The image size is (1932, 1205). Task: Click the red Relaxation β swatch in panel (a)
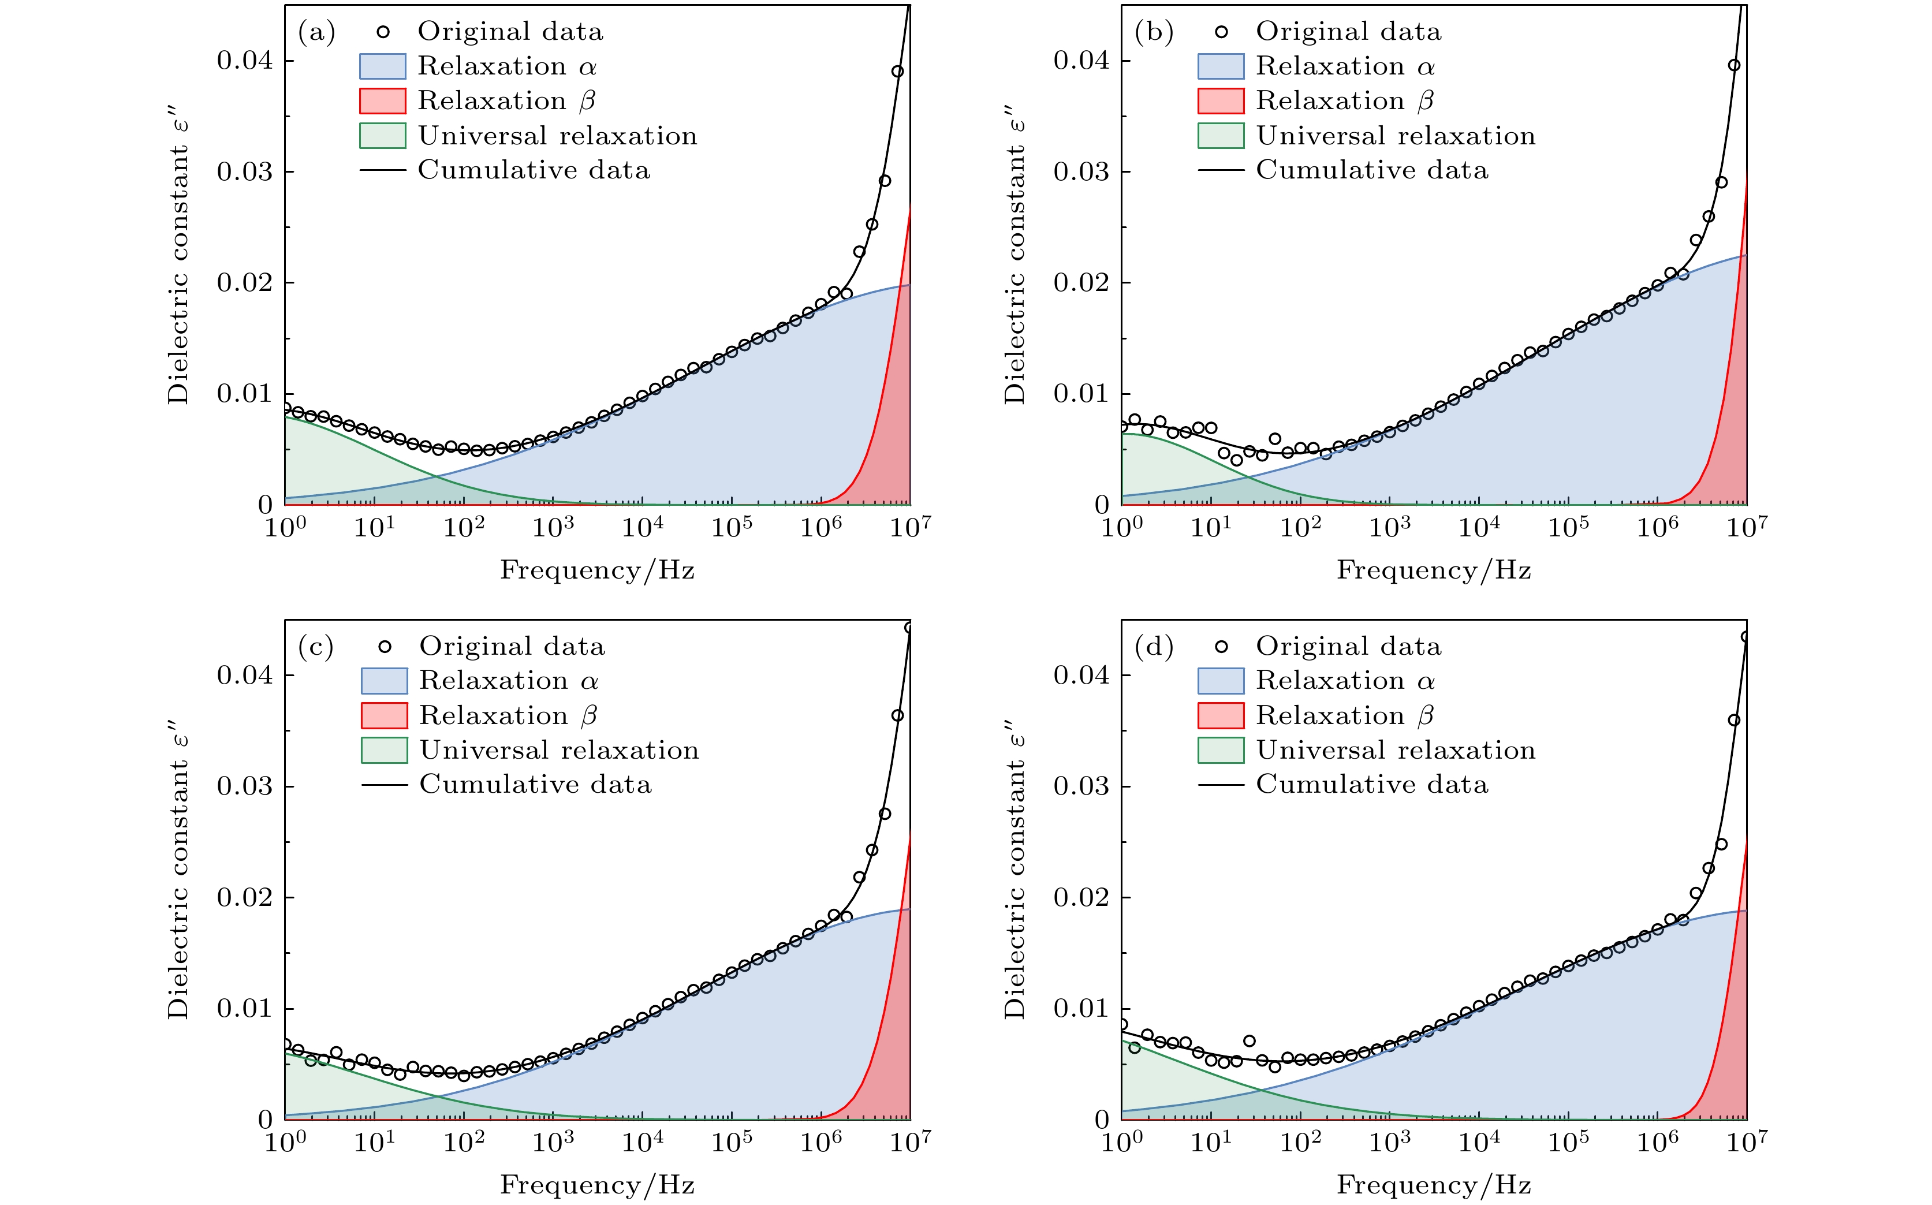(383, 101)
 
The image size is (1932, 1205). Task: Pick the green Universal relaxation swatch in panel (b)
(1220, 136)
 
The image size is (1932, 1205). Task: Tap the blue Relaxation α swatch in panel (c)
(384, 681)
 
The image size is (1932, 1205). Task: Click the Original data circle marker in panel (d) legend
(1220, 646)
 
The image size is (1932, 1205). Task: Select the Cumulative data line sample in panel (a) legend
(383, 170)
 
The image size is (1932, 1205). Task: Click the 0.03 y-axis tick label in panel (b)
(1081, 171)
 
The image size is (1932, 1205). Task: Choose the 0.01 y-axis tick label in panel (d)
(1081, 1008)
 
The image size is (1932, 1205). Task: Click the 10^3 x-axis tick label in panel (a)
(553, 527)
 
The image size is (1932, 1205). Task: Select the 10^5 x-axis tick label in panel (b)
(1568, 527)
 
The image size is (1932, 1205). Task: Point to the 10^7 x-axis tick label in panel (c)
(909, 1141)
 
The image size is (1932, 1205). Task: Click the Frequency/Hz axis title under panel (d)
(1434, 1185)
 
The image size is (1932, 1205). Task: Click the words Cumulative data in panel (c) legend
(536, 785)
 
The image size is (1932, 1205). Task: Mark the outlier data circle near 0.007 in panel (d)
(1249, 1041)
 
